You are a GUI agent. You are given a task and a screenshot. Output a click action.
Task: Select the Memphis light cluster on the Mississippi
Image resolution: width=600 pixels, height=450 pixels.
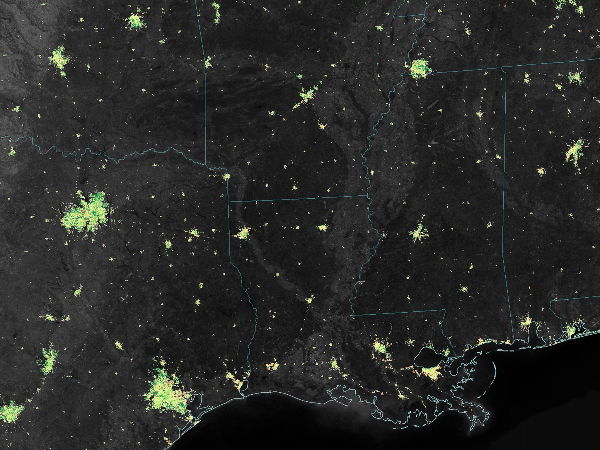pos(419,69)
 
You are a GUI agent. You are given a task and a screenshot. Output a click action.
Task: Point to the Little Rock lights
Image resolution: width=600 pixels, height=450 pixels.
pos(306,95)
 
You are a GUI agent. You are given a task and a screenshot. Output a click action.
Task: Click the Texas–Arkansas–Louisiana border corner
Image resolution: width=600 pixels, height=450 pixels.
pos(228,202)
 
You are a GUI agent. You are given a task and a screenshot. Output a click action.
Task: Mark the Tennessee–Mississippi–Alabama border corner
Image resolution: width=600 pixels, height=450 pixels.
pos(502,67)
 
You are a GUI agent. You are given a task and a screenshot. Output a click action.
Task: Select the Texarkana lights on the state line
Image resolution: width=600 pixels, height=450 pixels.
pos(226,176)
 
